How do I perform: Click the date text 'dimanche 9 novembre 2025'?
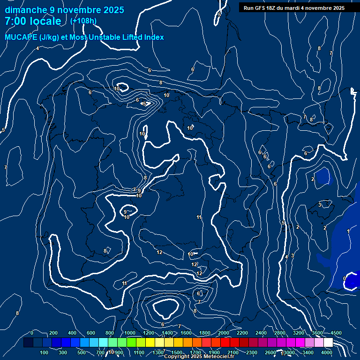pos(65,10)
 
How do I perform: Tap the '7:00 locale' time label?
pos(33,21)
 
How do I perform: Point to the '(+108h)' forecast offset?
pos(83,21)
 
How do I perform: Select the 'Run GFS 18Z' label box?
pos(294,8)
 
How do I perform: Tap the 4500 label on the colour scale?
pos(336,333)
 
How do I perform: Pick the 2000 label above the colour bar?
pos(224,333)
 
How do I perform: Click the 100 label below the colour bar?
pos(45,352)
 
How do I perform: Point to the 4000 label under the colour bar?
pos(327,352)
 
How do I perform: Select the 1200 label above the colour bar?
pos(149,333)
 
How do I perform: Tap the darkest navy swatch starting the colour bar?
pos(28,343)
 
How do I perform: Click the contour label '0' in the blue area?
pos(345,278)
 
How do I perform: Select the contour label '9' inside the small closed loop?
pos(125,212)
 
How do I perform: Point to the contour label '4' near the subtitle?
pos(37,48)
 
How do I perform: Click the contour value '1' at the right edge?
pos(348,231)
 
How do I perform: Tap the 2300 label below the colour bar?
pos(252,352)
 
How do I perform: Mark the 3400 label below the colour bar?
pos(308,352)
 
